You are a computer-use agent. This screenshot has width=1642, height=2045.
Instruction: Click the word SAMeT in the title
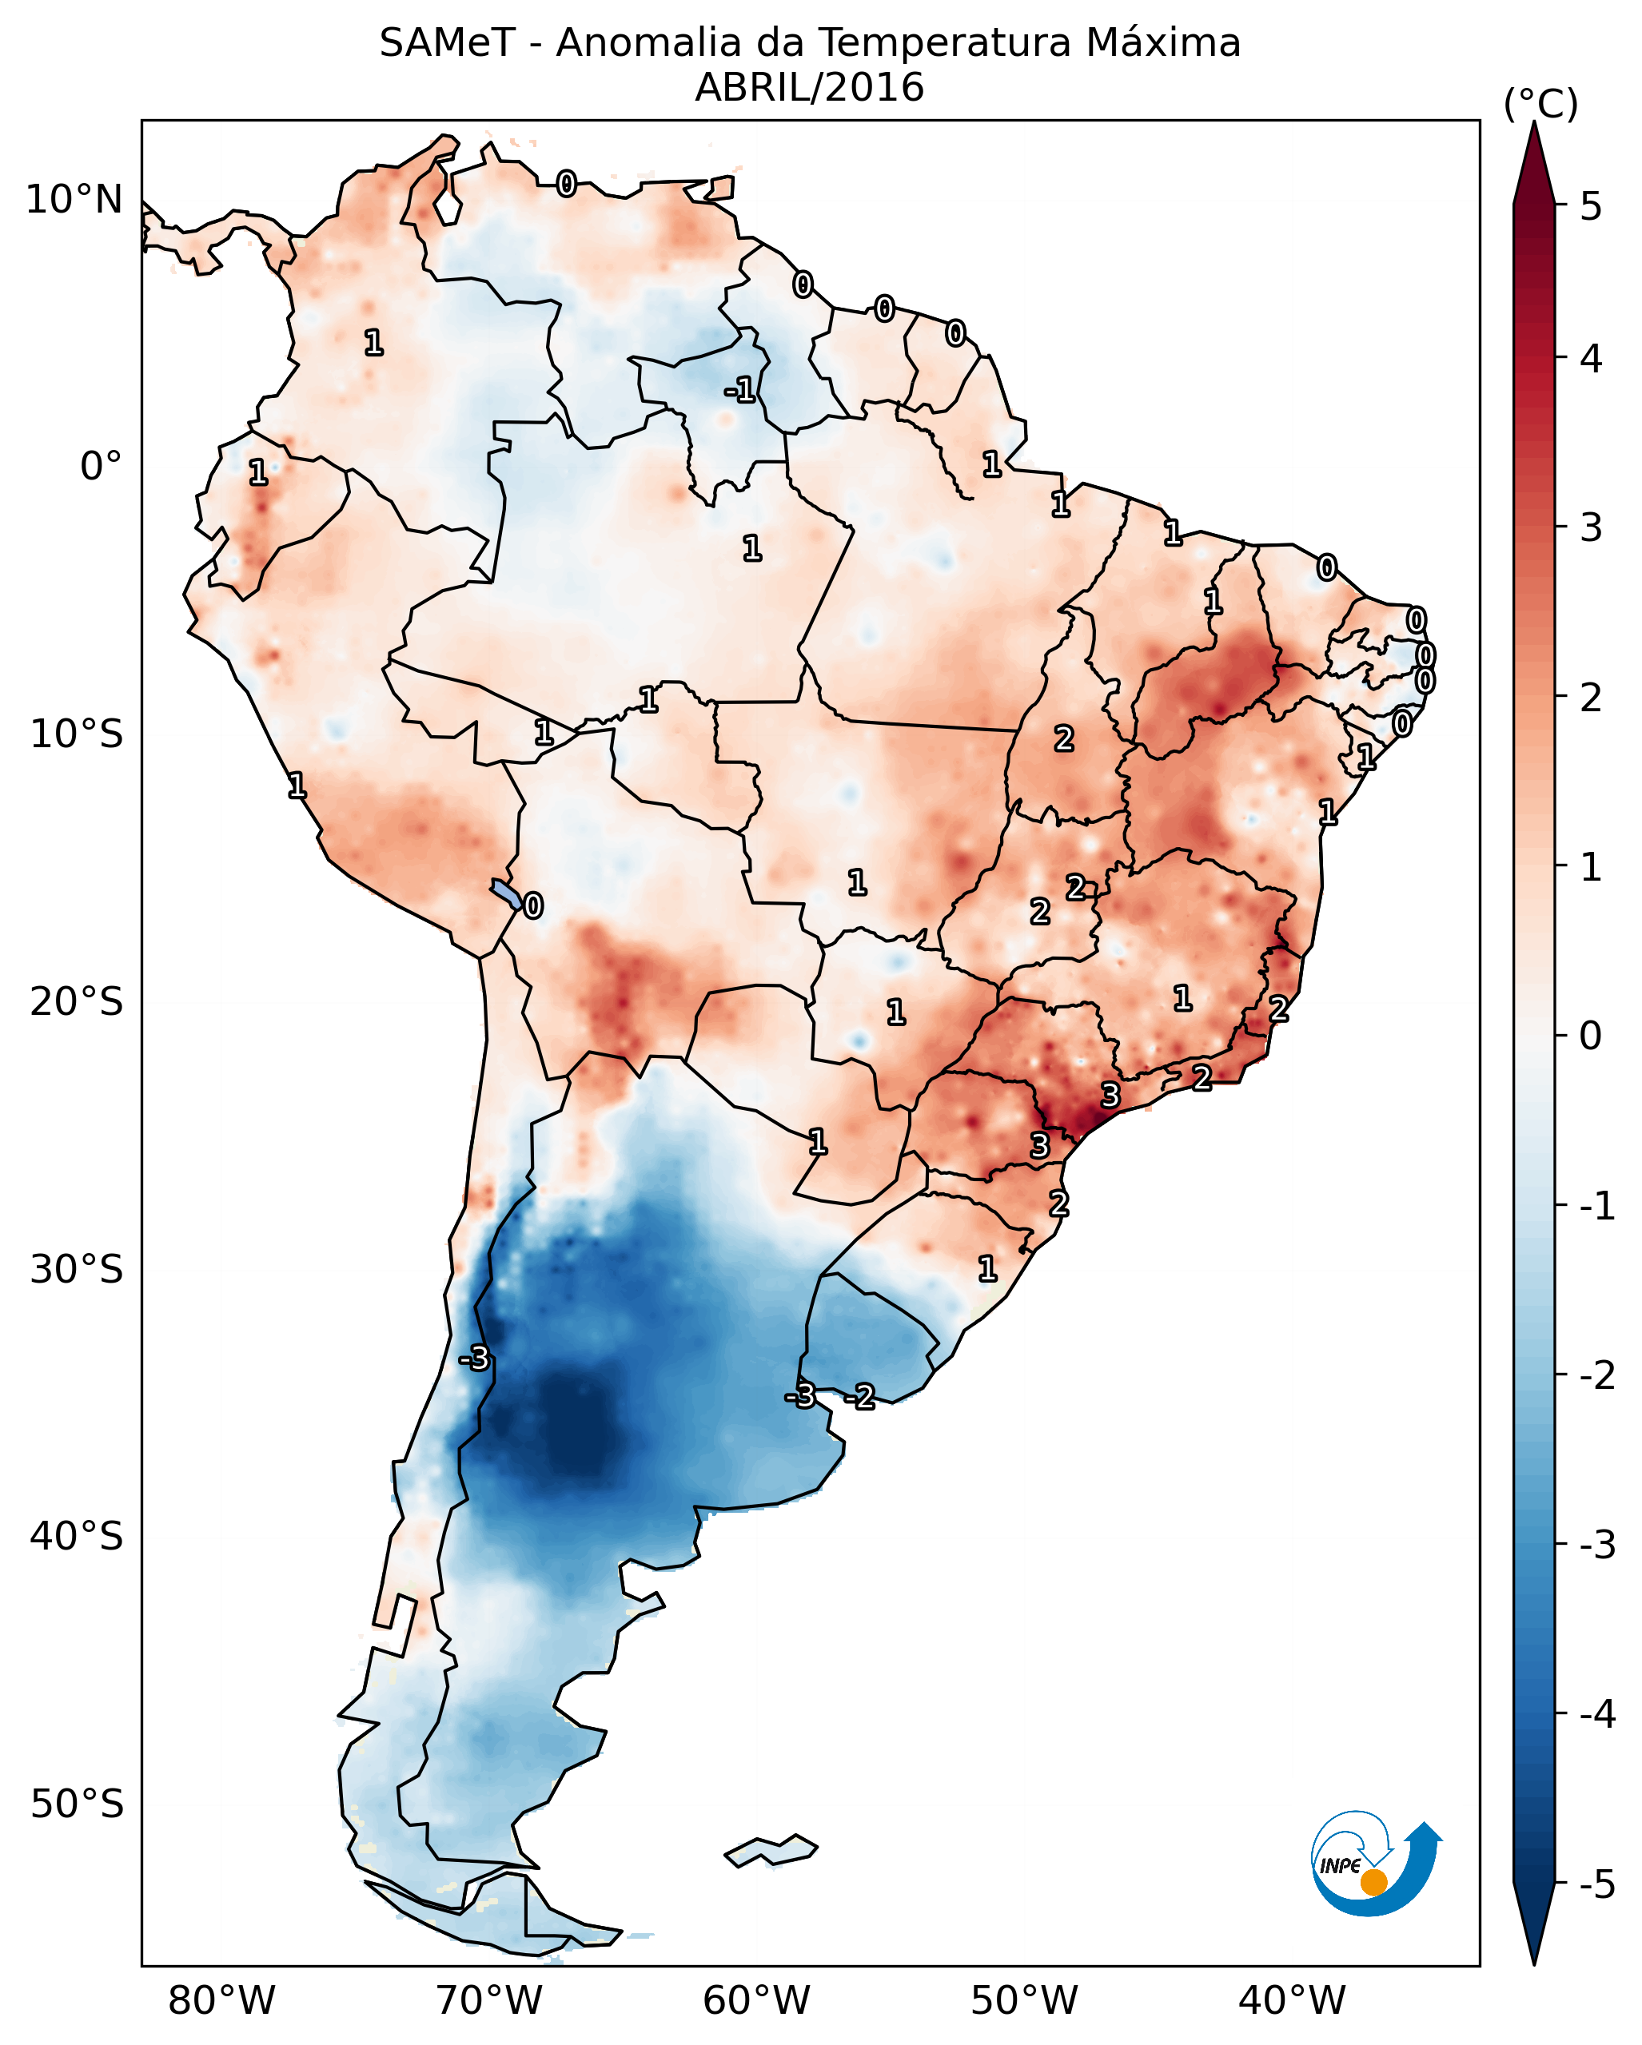(x=447, y=44)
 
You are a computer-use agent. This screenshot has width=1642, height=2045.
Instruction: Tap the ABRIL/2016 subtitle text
(x=809, y=88)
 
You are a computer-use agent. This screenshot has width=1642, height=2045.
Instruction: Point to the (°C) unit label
(x=1540, y=105)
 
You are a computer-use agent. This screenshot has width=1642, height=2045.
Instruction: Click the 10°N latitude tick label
(x=74, y=200)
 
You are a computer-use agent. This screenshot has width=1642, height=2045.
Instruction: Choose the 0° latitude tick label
(x=101, y=467)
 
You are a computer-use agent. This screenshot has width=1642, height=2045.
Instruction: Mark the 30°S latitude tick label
(x=76, y=1269)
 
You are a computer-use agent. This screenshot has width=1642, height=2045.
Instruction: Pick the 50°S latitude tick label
(x=76, y=1804)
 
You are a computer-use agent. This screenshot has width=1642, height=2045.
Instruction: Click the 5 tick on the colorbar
(x=1591, y=207)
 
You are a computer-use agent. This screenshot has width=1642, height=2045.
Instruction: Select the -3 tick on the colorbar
(x=1596, y=1545)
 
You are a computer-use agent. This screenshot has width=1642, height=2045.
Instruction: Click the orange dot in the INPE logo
(x=1373, y=1883)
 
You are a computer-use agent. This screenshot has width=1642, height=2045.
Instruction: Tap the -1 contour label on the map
(x=740, y=390)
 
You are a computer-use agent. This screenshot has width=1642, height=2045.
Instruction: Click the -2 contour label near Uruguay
(x=860, y=1396)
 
